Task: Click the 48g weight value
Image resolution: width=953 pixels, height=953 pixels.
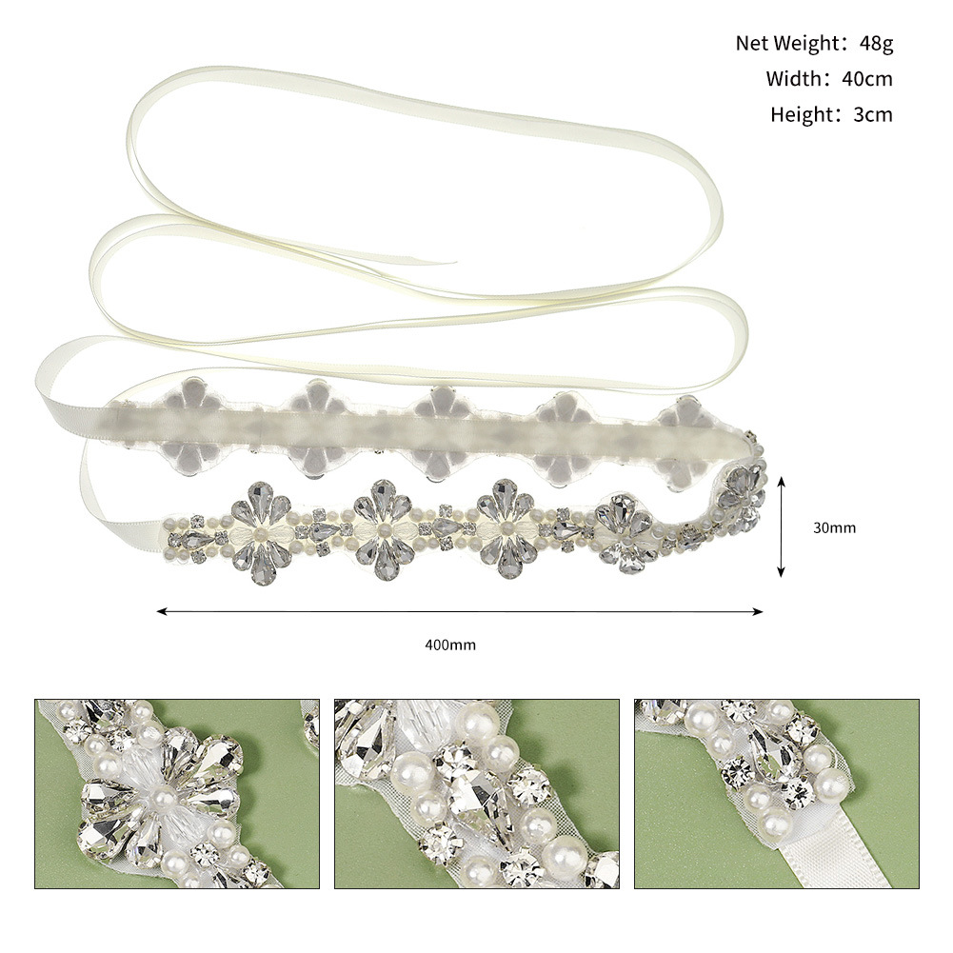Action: (874, 43)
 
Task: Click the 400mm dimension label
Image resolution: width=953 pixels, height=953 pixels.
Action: (450, 645)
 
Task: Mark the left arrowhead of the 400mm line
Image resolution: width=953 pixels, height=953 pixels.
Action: (162, 611)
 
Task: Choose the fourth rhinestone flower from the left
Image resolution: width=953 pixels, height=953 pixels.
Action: (625, 531)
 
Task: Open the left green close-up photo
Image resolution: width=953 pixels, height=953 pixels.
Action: (178, 794)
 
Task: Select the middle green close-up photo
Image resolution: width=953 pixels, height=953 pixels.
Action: (476, 794)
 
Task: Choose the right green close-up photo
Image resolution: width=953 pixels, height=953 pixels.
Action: (776, 794)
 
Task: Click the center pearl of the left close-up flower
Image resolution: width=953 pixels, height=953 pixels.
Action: (164, 793)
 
